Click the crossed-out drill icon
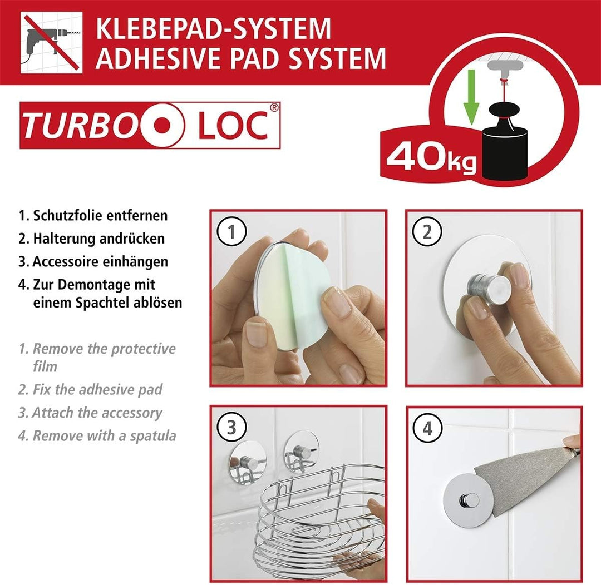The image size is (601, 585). [x=51, y=43]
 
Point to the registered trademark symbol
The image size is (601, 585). [x=274, y=107]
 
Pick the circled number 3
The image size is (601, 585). [x=231, y=427]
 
